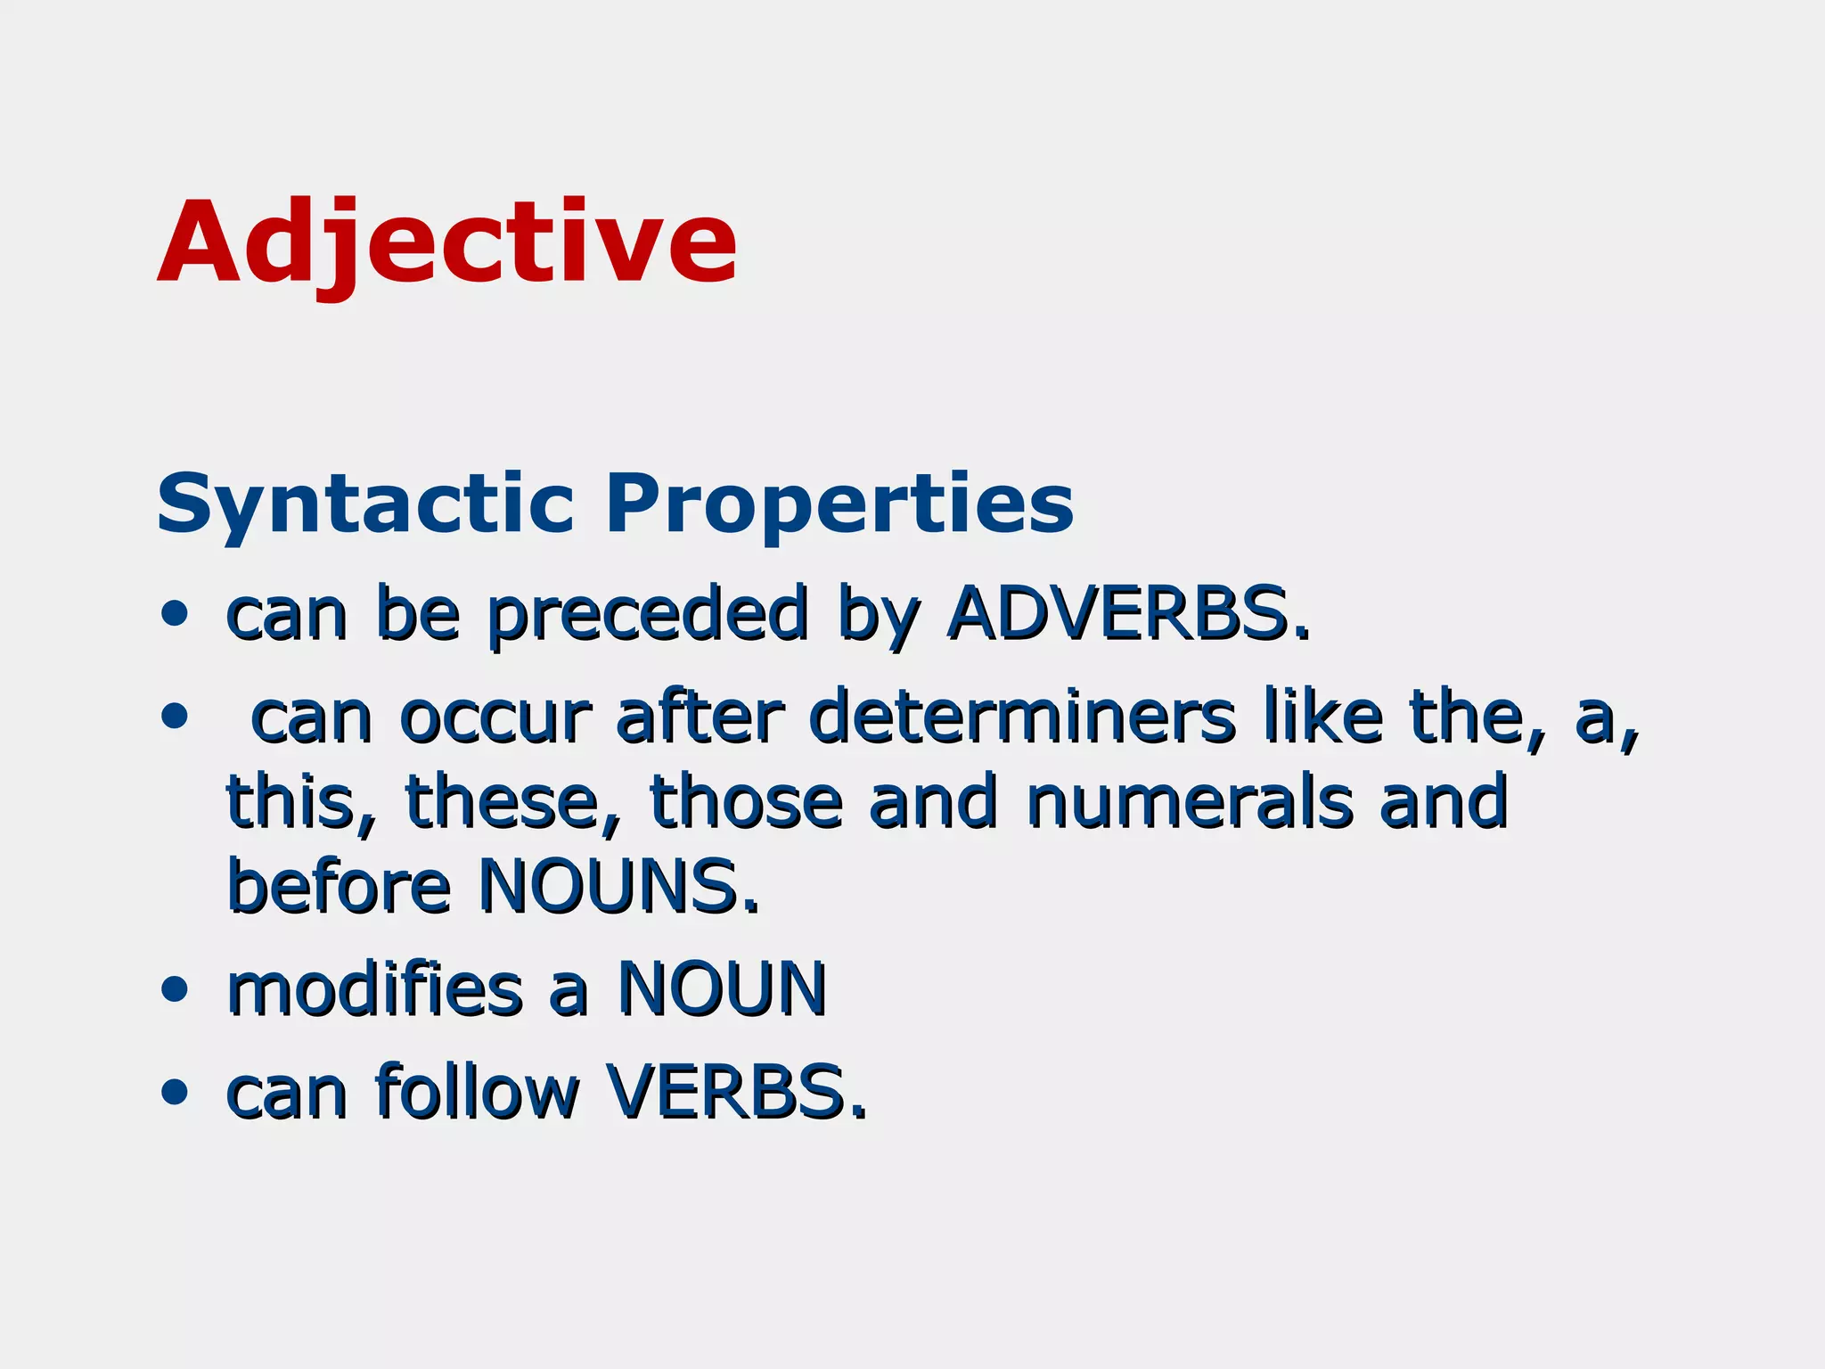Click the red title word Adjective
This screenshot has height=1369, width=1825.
447,242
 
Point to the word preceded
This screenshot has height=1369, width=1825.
649,615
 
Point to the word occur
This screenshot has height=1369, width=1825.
495,717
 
